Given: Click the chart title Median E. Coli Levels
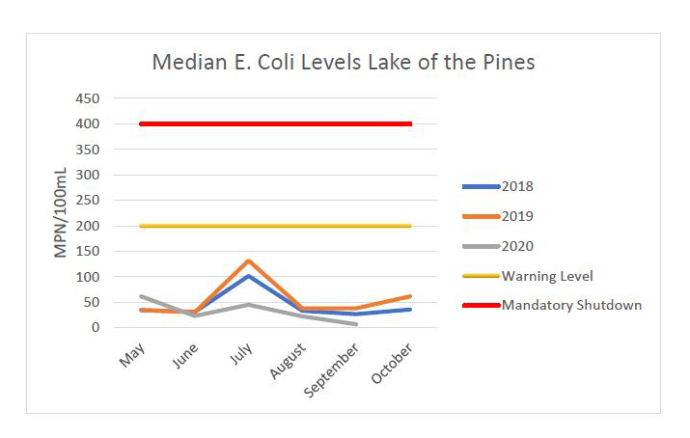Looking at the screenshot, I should click(x=344, y=63).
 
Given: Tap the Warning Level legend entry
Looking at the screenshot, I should click(x=546, y=276).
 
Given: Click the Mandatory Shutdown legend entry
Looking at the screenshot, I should click(x=570, y=305).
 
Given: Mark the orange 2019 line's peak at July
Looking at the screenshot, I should click(x=249, y=260).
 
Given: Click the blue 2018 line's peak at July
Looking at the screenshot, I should click(x=249, y=276).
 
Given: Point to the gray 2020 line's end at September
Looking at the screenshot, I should click(x=357, y=324).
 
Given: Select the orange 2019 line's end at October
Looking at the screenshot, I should click(x=411, y=296).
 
